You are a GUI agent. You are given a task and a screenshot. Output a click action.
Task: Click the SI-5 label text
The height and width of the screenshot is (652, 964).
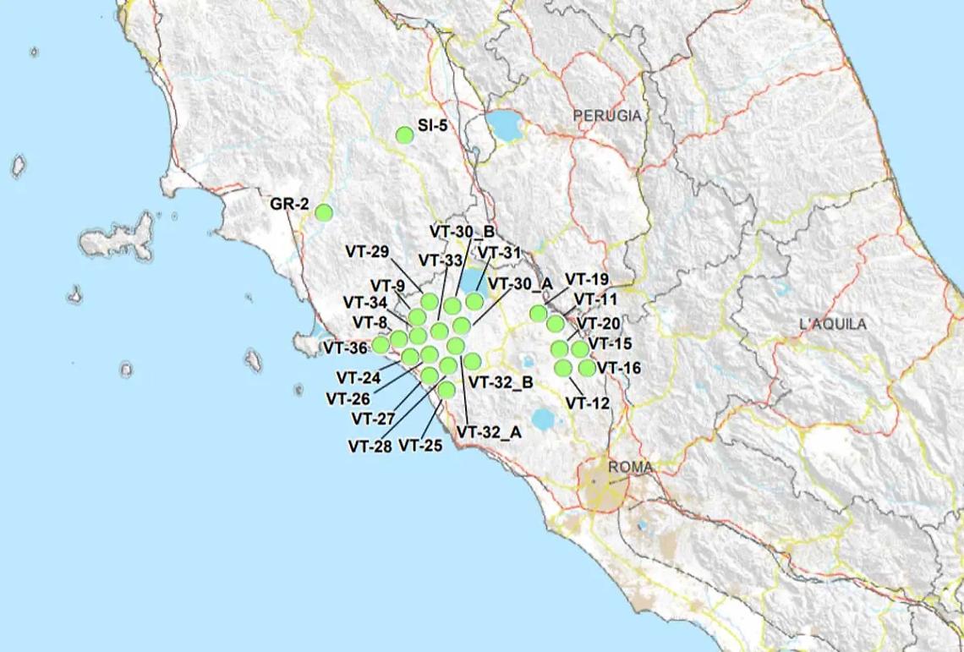(433, 127)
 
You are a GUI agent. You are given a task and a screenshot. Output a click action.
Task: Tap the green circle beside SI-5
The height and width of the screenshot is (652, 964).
(405, 134)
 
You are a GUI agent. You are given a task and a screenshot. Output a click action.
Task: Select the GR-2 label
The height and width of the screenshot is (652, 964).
(289, 205)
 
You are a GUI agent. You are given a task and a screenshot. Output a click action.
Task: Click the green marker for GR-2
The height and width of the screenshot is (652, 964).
(324, 212)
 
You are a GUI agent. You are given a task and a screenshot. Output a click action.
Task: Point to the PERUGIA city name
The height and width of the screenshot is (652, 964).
(606, 115)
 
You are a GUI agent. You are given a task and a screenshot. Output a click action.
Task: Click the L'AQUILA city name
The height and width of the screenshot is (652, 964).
(832, 324)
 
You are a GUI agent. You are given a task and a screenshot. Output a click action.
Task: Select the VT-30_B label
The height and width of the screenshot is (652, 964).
(462, 231)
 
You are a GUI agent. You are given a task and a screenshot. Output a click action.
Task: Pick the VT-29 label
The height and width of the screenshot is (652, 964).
(367, 251)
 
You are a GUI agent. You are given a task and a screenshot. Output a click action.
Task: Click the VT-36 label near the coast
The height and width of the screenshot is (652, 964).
(345, 348)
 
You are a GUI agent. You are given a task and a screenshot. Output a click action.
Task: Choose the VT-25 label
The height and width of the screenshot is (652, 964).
(420, 445)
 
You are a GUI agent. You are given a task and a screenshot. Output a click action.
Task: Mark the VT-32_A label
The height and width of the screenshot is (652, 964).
(490, 431)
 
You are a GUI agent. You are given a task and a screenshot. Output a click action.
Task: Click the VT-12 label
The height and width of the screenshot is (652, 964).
(588, 403)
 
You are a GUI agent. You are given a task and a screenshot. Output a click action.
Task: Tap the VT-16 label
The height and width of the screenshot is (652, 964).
(619, 368)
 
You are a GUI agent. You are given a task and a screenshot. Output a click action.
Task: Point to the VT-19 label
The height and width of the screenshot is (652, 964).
(587, 279)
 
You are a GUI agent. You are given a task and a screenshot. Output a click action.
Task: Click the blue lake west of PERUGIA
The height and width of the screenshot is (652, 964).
(504, 127)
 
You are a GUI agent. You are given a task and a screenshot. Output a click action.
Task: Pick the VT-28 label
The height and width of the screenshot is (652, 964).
(370, 446)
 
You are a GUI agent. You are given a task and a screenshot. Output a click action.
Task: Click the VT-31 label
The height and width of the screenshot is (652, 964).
(500, 251)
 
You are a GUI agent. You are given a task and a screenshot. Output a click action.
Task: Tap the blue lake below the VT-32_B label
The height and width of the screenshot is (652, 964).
(542, 418)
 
